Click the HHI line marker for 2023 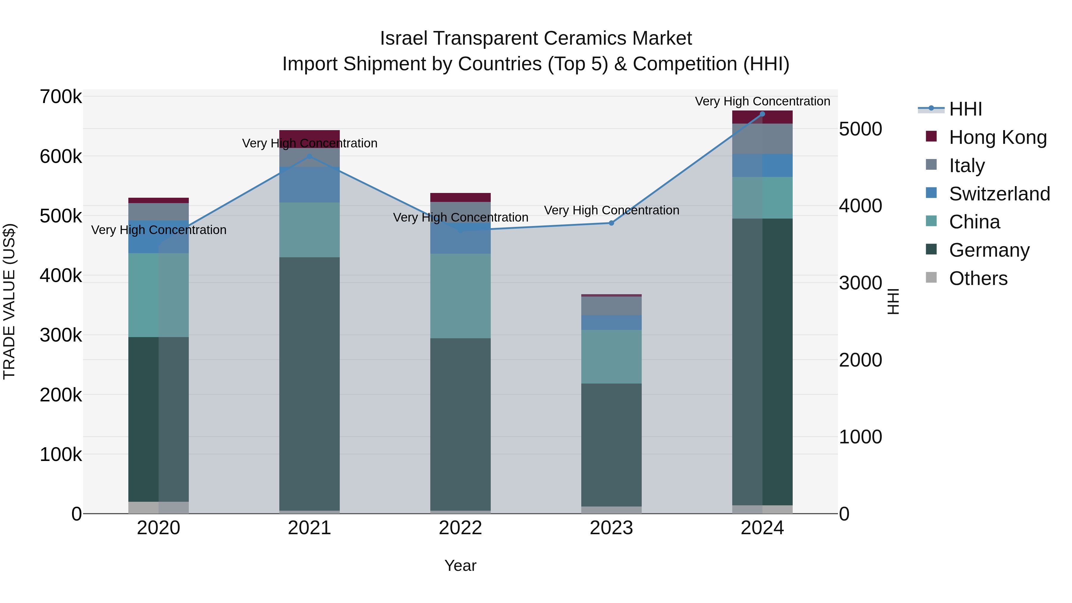(x=611, y=223)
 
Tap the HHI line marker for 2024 (x=762, y=114)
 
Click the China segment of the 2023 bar (x=611, y=357)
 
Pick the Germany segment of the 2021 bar (x=309, y=383)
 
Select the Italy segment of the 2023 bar (x=611, y=306)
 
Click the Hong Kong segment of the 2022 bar (x=460, y=197)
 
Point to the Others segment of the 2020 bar (x=158, y=507)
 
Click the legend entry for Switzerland (x=999, y=194)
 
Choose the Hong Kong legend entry (x=997, y=137)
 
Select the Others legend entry (x=978, y=278)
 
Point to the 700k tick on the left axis (x=61, y=97)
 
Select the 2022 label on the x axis (x=460, y=528)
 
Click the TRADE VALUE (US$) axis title (x=10, y=301)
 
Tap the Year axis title (x=460, y=565)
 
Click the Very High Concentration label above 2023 (x=611, y=211)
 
